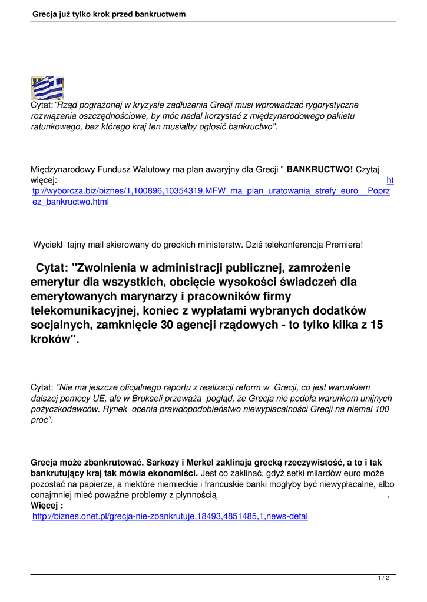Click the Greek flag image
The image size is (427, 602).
pos(47,88)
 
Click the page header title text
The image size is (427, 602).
pos(110,14)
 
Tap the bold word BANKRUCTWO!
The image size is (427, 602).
pos(320,170)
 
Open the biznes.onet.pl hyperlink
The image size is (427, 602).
pos(170,516)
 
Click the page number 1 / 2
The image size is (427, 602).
pos(383,578)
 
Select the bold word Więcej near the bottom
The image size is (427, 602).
pos(45,506)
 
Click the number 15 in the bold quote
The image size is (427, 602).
pos(378,325)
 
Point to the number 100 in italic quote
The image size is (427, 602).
pos(382,409)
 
